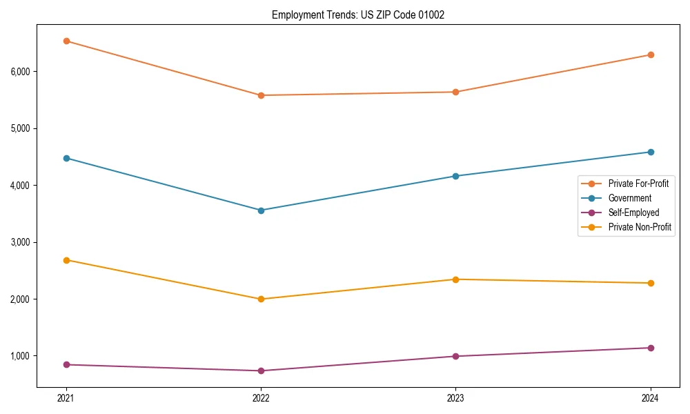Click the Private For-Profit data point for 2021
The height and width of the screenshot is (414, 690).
tap(66, 41)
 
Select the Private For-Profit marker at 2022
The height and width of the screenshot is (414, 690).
tap(261, 95)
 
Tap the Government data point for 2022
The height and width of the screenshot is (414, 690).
tap(261, 210)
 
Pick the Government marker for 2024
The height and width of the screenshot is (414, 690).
tap(650, 152)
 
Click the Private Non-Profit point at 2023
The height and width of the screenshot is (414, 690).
tap(455, 279)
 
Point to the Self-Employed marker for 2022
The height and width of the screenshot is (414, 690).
tap(261, 371)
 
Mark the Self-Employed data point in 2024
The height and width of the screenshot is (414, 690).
tap(650, 348)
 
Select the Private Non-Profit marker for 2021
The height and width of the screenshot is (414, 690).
tap(66, 260)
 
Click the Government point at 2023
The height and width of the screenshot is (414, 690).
tap(455, 176)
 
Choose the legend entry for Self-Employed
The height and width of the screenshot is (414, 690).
tap(633, 213)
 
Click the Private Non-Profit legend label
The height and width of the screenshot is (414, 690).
tap(640, 227)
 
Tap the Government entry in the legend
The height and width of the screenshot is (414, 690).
tap(629, 198)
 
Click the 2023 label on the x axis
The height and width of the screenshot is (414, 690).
tap(455, 398)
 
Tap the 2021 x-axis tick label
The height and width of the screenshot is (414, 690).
tap(66, 398)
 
